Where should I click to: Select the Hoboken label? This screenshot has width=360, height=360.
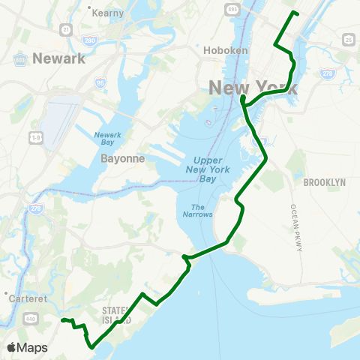220,51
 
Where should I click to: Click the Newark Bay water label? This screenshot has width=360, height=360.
107,139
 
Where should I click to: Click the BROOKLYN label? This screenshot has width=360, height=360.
324,182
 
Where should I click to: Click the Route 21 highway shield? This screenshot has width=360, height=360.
66,29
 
